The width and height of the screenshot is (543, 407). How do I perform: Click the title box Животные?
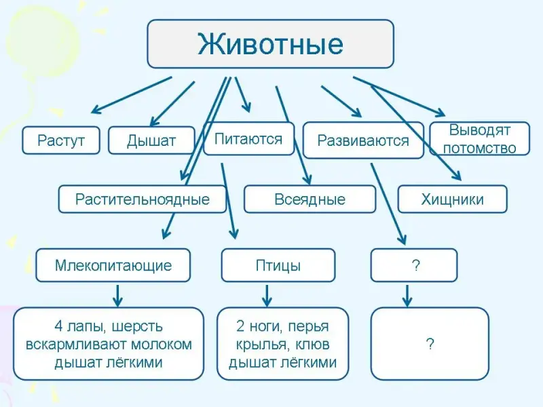pyautogui.click(x=270, y=43)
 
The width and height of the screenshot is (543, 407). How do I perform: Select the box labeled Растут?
pyautogui.click(x=61, y=140)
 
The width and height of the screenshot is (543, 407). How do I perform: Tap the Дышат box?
pyautogui.click(x=151, y=140)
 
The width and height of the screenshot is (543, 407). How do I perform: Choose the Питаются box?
pyautogui.click(x=248, y=138)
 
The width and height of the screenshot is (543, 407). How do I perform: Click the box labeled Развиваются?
pyautogui.click(x=363, y=140)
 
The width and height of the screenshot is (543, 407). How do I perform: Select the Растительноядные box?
pyautogui.click(x=143, y=199)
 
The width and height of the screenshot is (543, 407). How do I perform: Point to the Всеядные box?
pyautogui.click(x=310, y=199)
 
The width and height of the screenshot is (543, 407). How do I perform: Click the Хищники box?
pyautogui.click(x=452, y=199)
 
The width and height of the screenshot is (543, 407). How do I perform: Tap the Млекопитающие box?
pyautogui.click(x=113, y=265)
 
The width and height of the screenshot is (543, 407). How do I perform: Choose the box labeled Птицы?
pyautogui.click(x=278, y=265)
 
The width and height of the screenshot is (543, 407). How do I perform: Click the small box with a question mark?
pyautogui.click(x=414, y=265)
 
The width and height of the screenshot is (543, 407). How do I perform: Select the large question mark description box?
pyautogui.click(x=430, y=343)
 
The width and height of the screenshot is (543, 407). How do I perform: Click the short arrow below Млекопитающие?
pyautogui.click(x=117, y=294)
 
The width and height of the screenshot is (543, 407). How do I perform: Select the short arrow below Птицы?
pyautogui.click(x=267, y=294)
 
